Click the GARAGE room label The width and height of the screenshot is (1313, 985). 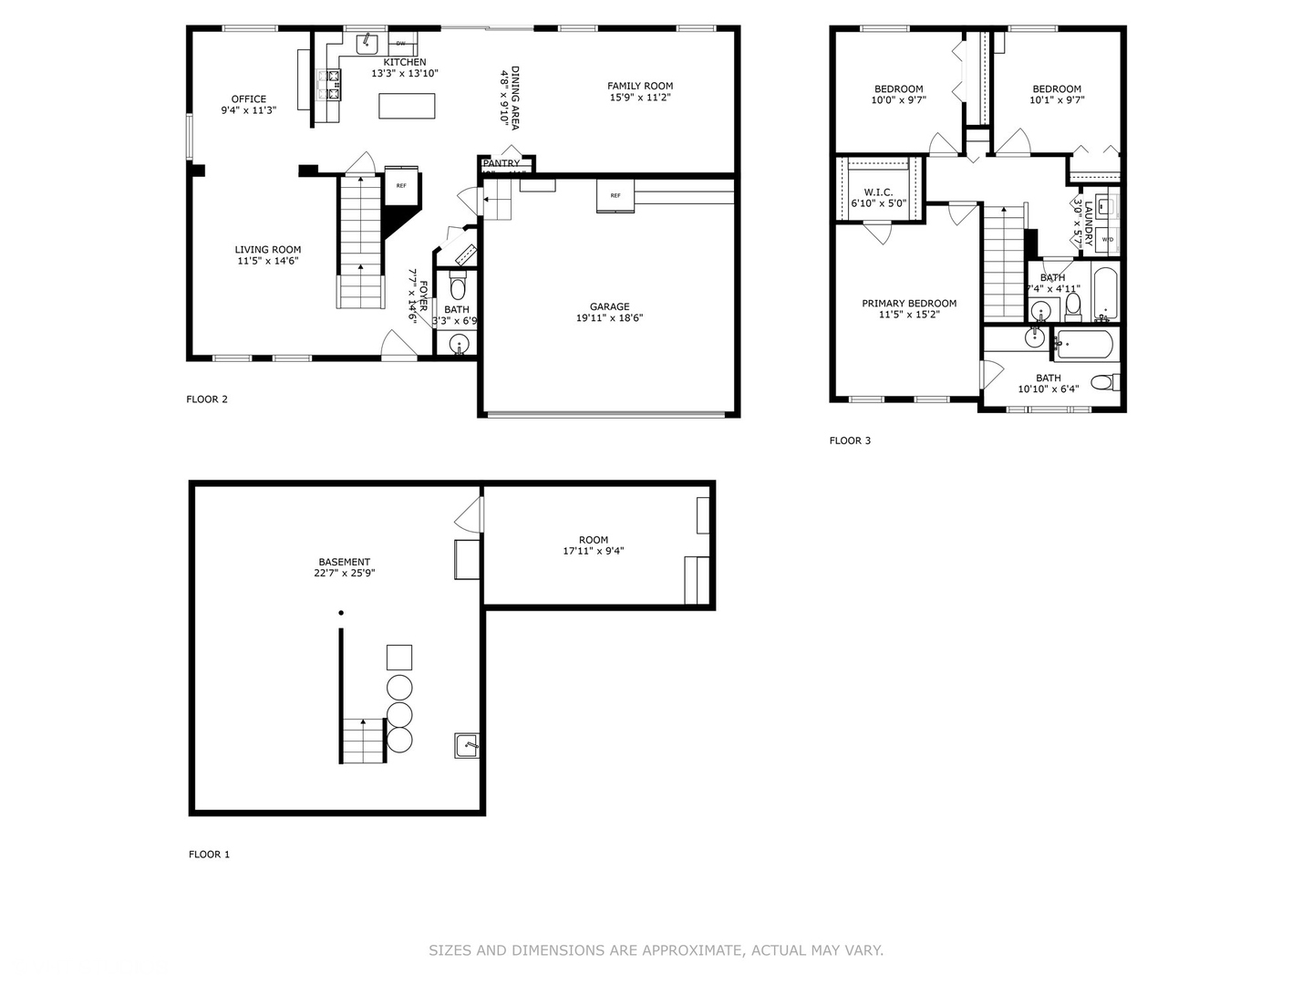click(609, 307)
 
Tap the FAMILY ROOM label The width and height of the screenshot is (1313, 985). click(640, 87)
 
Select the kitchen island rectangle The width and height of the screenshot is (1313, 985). click(407, 106)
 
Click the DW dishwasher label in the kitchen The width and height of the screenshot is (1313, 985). click(400, 44)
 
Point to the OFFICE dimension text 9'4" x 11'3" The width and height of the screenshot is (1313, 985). click(248, 110)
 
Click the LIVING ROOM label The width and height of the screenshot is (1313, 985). click(267, 250)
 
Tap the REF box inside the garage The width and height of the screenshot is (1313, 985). click(615, 195)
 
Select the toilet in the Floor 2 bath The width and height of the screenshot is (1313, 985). click(458, 286)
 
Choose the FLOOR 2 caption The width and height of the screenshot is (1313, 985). click(207, 399)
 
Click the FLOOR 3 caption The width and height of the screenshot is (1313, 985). click(850, 441)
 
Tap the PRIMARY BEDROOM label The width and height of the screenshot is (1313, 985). click(909, 304)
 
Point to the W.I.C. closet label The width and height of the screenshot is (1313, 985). click(878, 192)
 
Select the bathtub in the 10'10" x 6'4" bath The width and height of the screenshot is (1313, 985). click(1082, 344)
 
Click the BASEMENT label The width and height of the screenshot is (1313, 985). click(344, 563)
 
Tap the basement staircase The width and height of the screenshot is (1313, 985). click(363, 741)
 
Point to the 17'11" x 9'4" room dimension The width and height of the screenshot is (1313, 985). click(593, 551)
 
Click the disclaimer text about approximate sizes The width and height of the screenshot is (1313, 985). click(656, 950)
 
